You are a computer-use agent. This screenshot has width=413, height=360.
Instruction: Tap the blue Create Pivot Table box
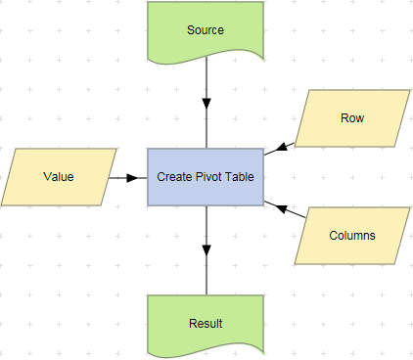206,177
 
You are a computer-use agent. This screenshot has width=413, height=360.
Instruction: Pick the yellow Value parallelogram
59,177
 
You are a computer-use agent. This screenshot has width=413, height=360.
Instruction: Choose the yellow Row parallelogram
352,118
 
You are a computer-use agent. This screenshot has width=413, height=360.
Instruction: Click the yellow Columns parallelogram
352,236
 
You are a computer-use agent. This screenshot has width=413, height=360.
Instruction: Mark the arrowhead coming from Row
272,150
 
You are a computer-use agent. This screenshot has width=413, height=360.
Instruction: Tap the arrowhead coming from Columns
272,205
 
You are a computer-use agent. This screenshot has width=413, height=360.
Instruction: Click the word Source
206,29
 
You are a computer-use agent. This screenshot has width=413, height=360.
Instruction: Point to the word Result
206,324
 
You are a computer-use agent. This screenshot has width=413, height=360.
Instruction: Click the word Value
59,177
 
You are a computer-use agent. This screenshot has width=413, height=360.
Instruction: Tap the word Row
352,118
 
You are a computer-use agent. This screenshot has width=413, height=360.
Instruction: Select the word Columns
352,236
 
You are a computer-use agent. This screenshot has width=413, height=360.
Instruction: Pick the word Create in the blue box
175,177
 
